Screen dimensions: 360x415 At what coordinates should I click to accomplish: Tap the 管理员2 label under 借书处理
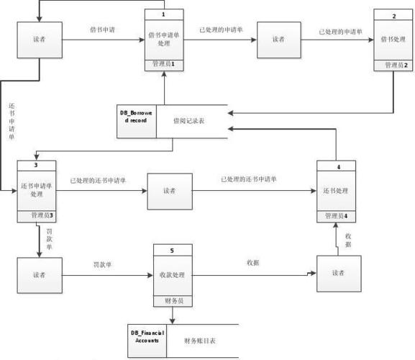pos(395,65)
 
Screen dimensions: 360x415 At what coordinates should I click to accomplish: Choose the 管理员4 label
pos(336,216)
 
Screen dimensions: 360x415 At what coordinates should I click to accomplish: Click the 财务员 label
pos(173,300)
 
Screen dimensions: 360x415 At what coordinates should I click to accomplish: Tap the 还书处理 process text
pos(336,191)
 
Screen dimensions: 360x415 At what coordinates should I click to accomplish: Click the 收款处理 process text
pos(173,274)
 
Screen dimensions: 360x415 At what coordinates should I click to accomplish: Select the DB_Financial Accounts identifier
pos(147,336)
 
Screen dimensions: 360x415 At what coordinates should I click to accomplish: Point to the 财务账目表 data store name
pos(201,339)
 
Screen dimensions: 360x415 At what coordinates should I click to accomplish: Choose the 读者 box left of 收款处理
pos(39,275)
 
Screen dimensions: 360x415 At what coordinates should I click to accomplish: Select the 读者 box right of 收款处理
pos(338,274)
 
